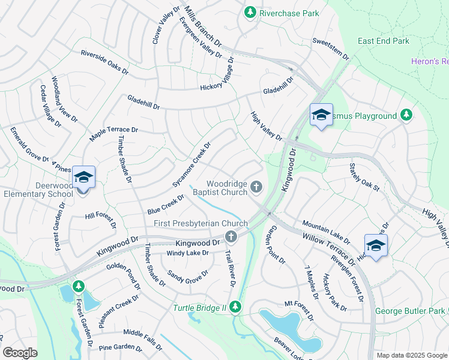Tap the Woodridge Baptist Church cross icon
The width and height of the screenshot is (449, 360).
pos(256,188)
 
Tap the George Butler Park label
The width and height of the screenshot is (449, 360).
pos(410,311)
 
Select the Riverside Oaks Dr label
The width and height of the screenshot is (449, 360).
pos(105,61)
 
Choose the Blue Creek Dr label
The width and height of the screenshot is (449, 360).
pos(166,205)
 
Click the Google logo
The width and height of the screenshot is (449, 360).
pos(20,353)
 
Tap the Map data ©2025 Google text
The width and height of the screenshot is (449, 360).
pos(412,355)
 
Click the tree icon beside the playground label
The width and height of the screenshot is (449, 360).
pos(406,115)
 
